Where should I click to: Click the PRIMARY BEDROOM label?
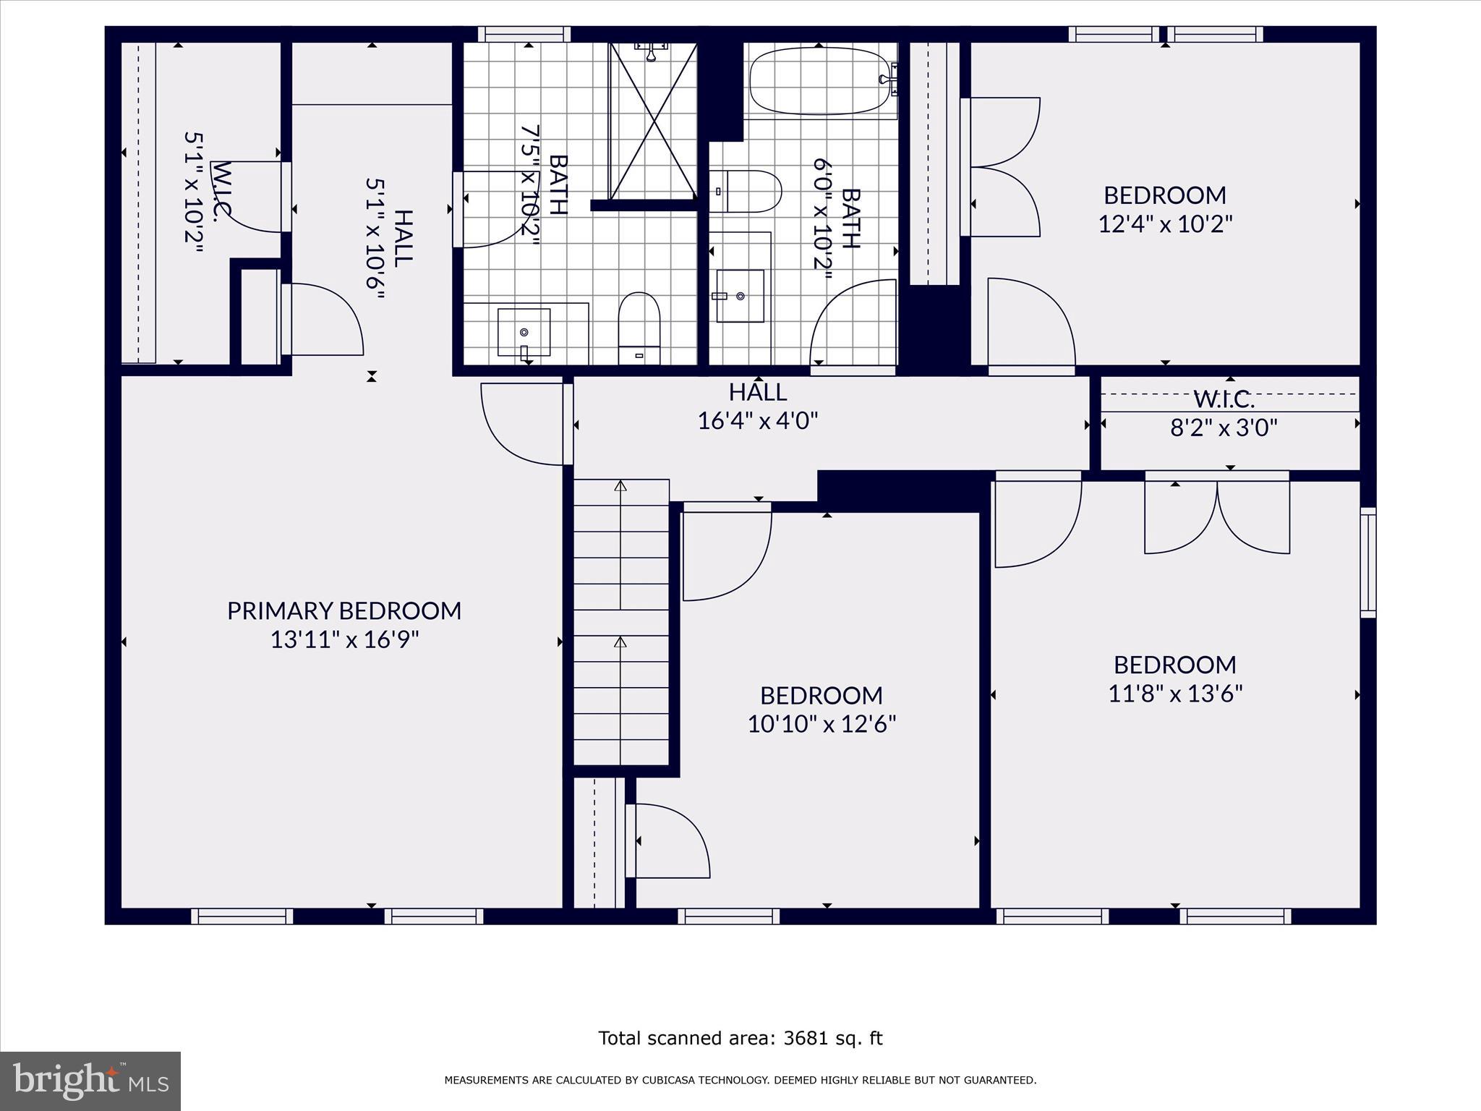coord(344,611)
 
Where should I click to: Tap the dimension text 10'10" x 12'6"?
coord(821,724)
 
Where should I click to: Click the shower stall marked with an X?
coord(653,122)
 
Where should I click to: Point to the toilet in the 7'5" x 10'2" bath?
coord(639,329)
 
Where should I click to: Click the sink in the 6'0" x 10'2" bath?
coord(740,296)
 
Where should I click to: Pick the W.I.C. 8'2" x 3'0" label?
coord(1224,414)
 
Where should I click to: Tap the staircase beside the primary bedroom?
coord(621,622)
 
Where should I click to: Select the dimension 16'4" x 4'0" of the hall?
coord(757,420)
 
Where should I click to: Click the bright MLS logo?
coord(90,1081)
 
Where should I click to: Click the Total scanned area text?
coord(740,1038)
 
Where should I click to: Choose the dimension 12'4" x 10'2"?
coord(1165,224)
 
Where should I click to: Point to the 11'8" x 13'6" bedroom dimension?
coord(1175,694)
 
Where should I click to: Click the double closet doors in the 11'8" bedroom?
coord(1216,515)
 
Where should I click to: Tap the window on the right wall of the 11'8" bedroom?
coord(1367,563)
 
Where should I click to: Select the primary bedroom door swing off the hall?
coord(522,423)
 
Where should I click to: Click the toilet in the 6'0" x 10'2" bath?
coord(745,192)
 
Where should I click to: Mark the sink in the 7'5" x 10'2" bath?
coord(524,332)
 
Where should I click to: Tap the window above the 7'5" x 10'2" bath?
coord(524,34)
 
